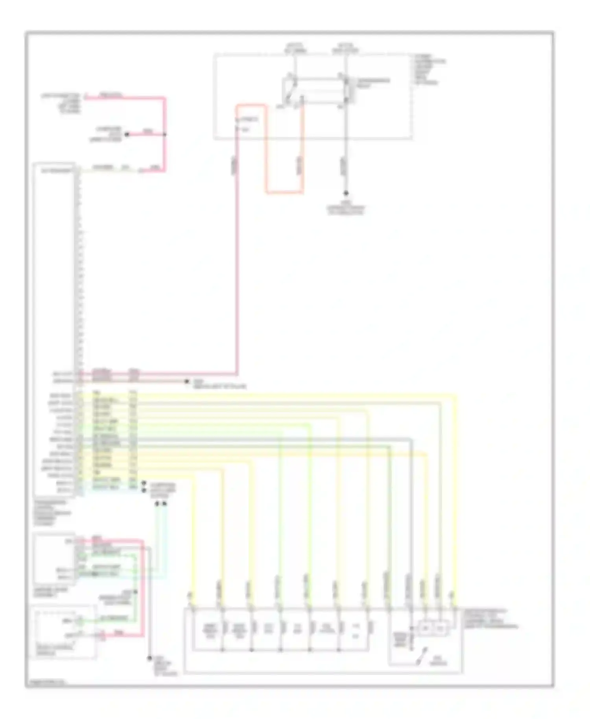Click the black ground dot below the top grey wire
[346, 193]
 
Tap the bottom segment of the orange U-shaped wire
[284, 193]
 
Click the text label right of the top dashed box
[429, 70]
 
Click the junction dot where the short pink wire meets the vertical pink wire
[165, 135]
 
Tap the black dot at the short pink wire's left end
[127, 135]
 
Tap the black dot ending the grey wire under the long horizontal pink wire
[188, 381]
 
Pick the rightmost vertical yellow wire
[455, 492]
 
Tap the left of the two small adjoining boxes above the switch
[425, 629]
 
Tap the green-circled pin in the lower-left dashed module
[79, 621]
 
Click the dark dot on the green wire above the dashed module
[136, 592]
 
